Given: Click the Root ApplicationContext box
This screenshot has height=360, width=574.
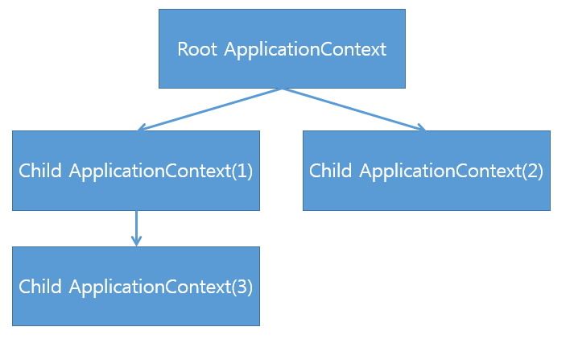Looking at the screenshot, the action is (282, 48).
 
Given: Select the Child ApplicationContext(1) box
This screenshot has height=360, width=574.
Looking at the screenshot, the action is (136, 171).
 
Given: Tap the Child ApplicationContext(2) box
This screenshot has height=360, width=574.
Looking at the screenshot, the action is (427, 171).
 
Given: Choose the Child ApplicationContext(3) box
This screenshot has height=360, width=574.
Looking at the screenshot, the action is (136, 286).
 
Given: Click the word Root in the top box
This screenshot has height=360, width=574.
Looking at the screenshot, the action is (197, 49).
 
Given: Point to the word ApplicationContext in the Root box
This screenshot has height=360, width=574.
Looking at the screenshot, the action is (305, 50).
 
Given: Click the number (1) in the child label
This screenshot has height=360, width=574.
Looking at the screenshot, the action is (242, 171).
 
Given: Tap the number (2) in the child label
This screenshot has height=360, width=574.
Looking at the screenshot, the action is (532, 171).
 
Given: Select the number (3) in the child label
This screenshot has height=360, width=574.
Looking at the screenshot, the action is (242, 287).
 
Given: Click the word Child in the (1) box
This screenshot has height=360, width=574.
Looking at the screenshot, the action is (40, 170).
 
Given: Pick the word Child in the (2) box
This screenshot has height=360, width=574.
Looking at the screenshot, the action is (330, 170).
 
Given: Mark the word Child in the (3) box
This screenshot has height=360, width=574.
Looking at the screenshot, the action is (40, 286).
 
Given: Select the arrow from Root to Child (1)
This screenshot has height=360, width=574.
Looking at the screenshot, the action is (210, 110).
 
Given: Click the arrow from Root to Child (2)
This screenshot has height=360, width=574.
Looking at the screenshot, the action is (354, 110).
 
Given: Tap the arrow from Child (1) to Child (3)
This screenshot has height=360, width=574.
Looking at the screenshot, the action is (136, 228).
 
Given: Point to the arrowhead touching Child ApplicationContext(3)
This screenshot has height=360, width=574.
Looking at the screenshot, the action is (136, 242).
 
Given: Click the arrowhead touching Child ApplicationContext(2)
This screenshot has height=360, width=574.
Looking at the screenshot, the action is (421, 127).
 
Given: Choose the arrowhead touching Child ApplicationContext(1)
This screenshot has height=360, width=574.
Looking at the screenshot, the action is (142, 127).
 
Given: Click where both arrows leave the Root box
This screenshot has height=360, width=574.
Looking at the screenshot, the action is (282, 89).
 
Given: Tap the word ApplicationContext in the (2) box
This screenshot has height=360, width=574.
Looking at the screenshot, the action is (440, 172).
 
